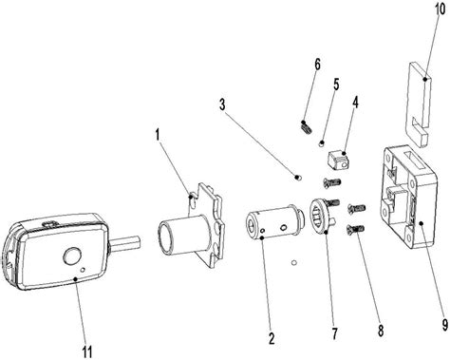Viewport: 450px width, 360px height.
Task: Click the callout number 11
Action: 87,351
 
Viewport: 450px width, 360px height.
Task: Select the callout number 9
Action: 444,324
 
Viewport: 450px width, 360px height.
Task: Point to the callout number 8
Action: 381,331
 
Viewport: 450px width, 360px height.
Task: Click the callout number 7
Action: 335,333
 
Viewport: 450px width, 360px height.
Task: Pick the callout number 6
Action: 317,65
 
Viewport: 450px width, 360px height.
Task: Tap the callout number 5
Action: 336,85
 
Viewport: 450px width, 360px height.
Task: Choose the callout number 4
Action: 355,103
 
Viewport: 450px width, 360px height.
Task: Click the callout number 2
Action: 272,338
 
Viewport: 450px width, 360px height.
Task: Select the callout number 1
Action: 158,135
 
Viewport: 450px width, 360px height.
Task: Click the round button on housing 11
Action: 72,256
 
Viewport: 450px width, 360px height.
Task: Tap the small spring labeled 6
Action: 306,127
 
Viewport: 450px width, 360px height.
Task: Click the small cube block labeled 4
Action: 337,160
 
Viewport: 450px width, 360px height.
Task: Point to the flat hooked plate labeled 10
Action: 419,104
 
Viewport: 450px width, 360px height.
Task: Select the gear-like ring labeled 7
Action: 319,216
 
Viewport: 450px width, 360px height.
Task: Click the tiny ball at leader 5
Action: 322,143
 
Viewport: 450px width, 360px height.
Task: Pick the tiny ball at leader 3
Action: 298,178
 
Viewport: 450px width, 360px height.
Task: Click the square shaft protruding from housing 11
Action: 124,243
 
